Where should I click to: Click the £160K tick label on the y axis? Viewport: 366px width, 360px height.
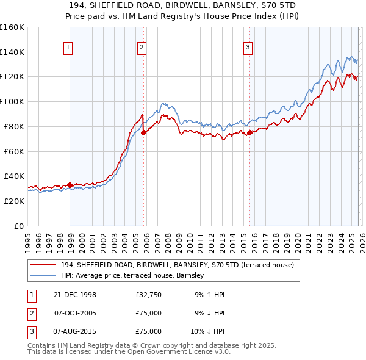click(x=12, y=27)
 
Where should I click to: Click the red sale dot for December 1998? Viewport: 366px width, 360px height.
click(x=70, y=185)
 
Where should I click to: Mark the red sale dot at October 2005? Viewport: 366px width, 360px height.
click(x=143, y=132)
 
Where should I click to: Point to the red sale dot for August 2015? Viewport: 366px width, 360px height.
click(x=249, y=132)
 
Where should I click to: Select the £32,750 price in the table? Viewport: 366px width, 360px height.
click(x=149, y=295)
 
